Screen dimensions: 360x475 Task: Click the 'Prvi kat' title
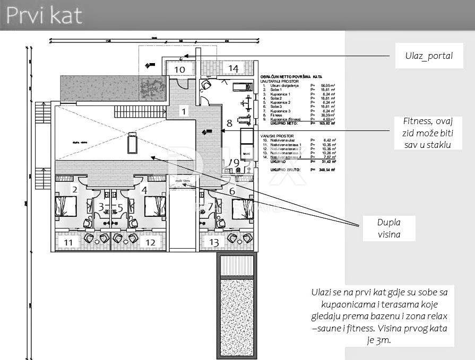45,15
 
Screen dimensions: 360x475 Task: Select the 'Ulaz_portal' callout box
424,56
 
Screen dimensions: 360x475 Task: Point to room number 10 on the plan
180,69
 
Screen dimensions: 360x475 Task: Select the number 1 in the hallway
184,111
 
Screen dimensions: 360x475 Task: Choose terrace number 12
150,242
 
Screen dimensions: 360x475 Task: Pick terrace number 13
214,242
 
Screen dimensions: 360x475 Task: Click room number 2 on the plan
75,190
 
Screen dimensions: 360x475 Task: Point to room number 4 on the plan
144,190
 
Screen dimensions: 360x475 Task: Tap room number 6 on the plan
232,191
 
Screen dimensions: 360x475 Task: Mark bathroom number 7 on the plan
211,206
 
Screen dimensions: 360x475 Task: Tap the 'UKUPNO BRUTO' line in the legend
280,170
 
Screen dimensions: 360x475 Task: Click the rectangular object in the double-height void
131,143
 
